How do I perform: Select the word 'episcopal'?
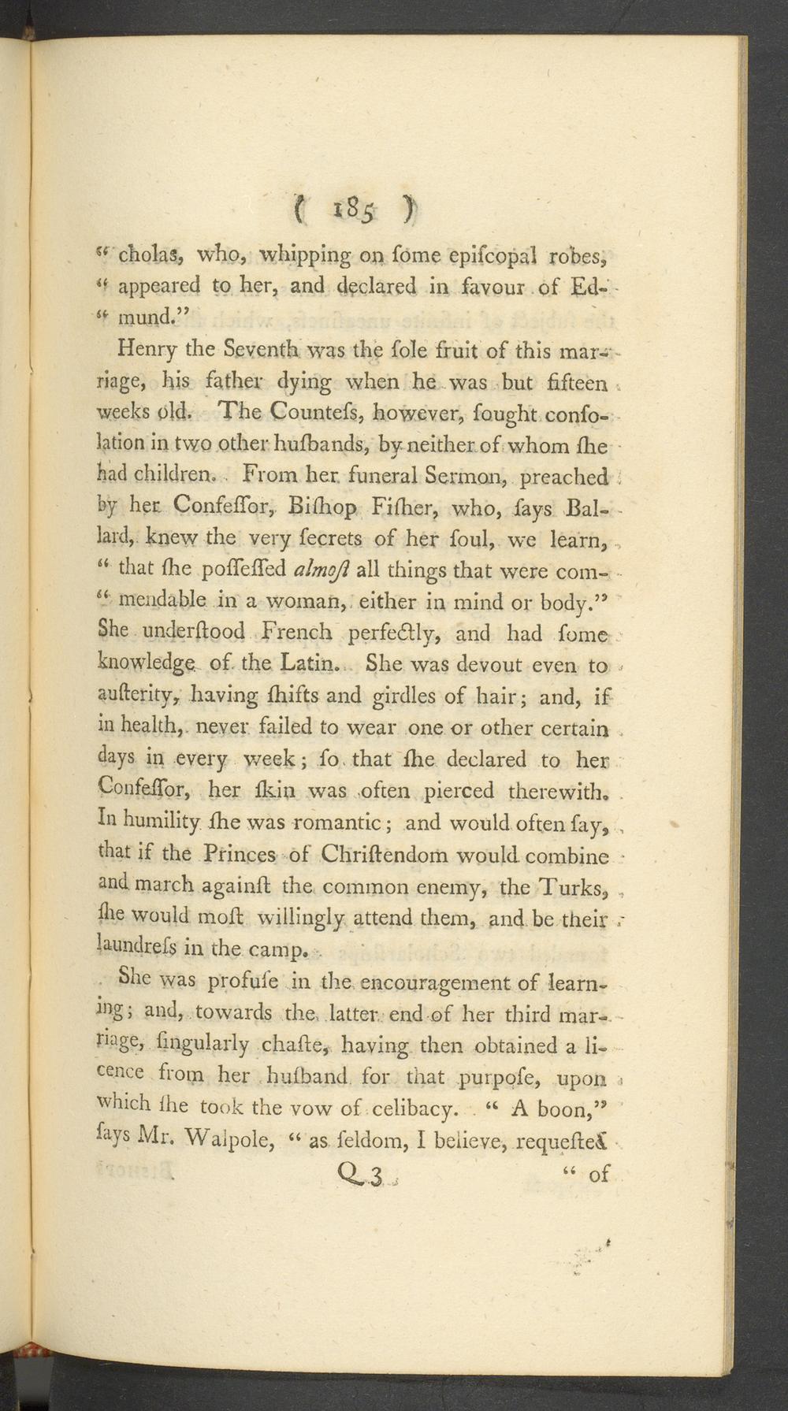pyautogui.click(x=471, y=254)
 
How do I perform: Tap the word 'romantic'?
pyautogui.click(x=348, y=822)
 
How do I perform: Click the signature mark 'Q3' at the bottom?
pyautogui.click(x=359, y=1175)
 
